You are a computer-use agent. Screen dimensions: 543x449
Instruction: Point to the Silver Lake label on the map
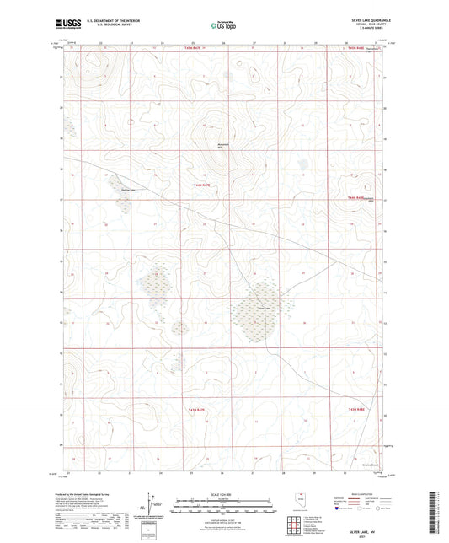coord(263,308)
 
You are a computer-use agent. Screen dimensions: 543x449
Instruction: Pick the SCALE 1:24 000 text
coord(223,494)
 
